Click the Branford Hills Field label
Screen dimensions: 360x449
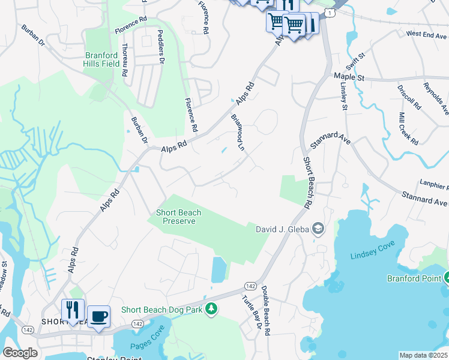tap(101, 59)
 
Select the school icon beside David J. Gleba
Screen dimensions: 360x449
tap(318, 229)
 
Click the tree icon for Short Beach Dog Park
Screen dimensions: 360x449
tap(211, 309)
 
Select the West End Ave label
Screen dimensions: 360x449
tap(427, 34)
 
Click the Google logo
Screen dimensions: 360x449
tap(20, 353)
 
